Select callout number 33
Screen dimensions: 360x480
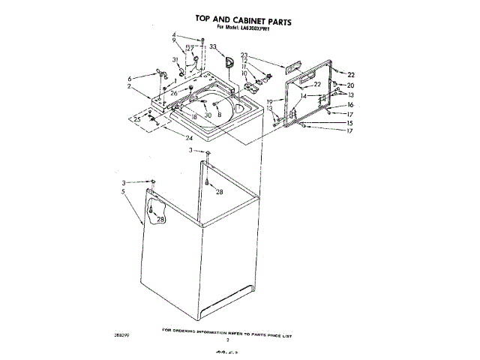(x=213, y=46)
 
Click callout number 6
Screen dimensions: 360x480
(x=130, y=79)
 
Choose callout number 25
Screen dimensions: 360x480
(x=136, y=120)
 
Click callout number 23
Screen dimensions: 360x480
(x=244, y=55)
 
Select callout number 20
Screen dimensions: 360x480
(x=350, y=85)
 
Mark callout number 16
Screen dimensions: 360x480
(x=349, y=105)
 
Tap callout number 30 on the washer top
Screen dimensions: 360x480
(x=208, y=115)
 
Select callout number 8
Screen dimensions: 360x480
(x=219, y=115)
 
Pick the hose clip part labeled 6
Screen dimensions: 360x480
(x=157, y=73)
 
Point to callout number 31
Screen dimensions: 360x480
(x=175, y=60)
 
